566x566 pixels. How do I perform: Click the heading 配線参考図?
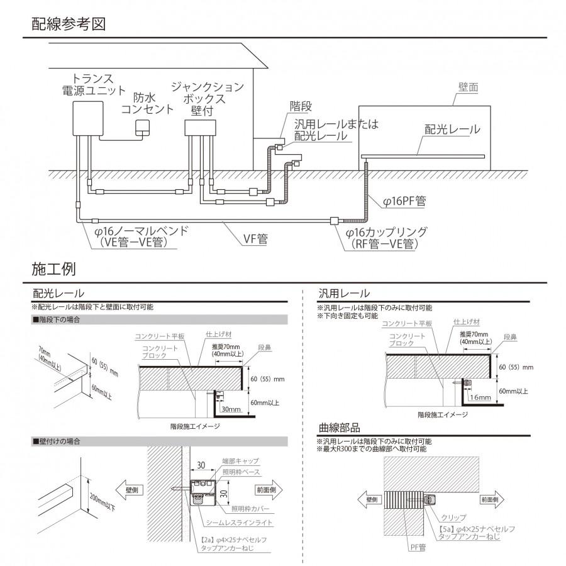68,25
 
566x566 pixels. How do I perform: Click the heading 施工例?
53,269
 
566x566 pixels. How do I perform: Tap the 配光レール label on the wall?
452,130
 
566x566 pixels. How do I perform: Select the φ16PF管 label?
405,202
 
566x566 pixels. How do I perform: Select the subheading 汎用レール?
344,294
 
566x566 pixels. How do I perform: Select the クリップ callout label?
454,517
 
